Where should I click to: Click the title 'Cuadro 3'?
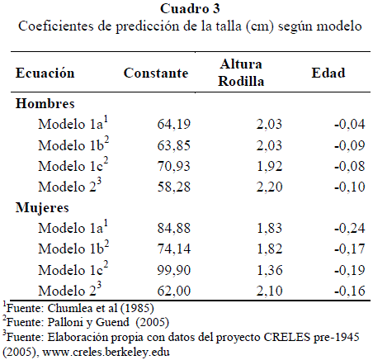coord(190,9)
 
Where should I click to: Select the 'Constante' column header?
coord(156,73)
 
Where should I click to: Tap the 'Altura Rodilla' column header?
coord(241,73)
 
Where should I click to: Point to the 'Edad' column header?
coord(328,73)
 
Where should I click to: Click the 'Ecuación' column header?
coord(45,73)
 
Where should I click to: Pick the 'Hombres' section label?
coord(45,104)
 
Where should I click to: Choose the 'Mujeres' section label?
coord(42,208)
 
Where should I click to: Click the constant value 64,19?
coord(173,124)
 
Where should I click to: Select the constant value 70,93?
coord(173,166)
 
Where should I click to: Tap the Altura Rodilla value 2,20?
coord(270,187)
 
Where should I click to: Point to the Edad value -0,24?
coord(350,228)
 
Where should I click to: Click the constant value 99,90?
coord(173,270)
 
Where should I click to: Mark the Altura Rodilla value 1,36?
coord(270,270)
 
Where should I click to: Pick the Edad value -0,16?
coord(350,291)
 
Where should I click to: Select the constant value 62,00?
coord(173,291)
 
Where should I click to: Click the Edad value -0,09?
coord(350,145)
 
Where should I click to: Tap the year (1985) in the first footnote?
coord(137,308)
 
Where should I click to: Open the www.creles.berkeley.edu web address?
coord(106,352)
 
